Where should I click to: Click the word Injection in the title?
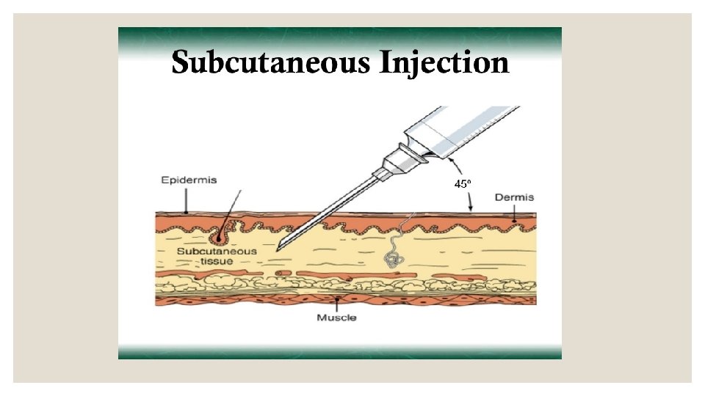(444, 64)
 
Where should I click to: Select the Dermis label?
(514, 197)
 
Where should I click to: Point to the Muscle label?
(336, 318)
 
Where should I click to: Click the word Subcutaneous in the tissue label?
(217, 251)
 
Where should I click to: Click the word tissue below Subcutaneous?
(217, 262)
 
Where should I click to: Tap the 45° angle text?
(462, 184)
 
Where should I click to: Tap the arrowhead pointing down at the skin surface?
(471, 210)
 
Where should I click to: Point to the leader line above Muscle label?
(336, 304)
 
